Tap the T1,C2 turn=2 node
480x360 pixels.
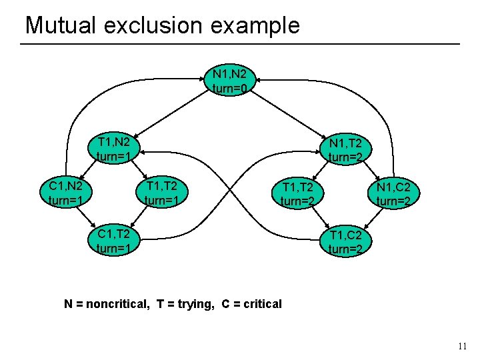(345, 241)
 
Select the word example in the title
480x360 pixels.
(261, 27)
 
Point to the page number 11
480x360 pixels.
(463, 346)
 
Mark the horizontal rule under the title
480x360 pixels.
(240, 44)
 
